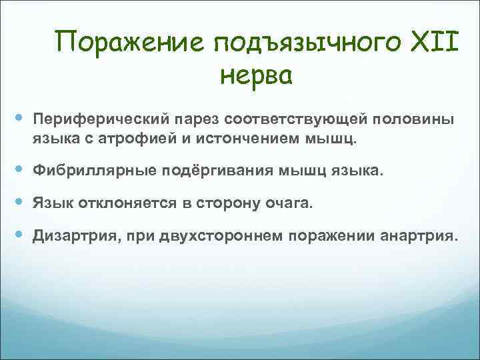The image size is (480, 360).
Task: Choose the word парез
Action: coord(193,119)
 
